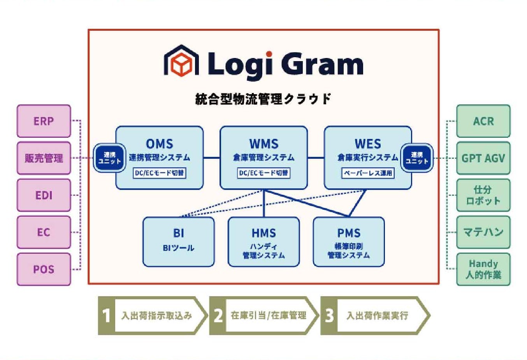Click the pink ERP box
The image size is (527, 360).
(x=44, y=121)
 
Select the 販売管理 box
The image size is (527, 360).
(x=44, y=158)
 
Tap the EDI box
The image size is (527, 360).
(x=44, y=195)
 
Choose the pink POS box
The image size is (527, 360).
(x=44, y=269)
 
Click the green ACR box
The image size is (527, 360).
(x=483, y=121)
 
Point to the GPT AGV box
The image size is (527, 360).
(x=483, y=158)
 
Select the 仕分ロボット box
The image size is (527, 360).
(x=483, y=195)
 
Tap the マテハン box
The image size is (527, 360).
(x=483, y=232)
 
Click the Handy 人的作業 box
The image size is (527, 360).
(x=483, y=269)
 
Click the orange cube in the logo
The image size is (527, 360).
(x=181, y=64)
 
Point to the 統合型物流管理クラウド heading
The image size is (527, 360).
(x=263, y=99)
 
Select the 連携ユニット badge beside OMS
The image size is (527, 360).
(x=109, y=158)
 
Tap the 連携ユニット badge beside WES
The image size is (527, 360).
(x=417, y=158)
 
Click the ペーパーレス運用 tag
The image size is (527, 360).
(x=368, y=173)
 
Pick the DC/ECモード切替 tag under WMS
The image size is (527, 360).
(x=264, y=173)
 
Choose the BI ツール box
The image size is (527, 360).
(x=179, y=242)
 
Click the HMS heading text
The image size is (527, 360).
(x=264, y=233)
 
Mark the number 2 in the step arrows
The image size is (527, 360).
(x=218, y=316)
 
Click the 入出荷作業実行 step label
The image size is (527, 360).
(x=378, y=316)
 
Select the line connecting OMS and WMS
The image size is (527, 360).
(x=211, y=157)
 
